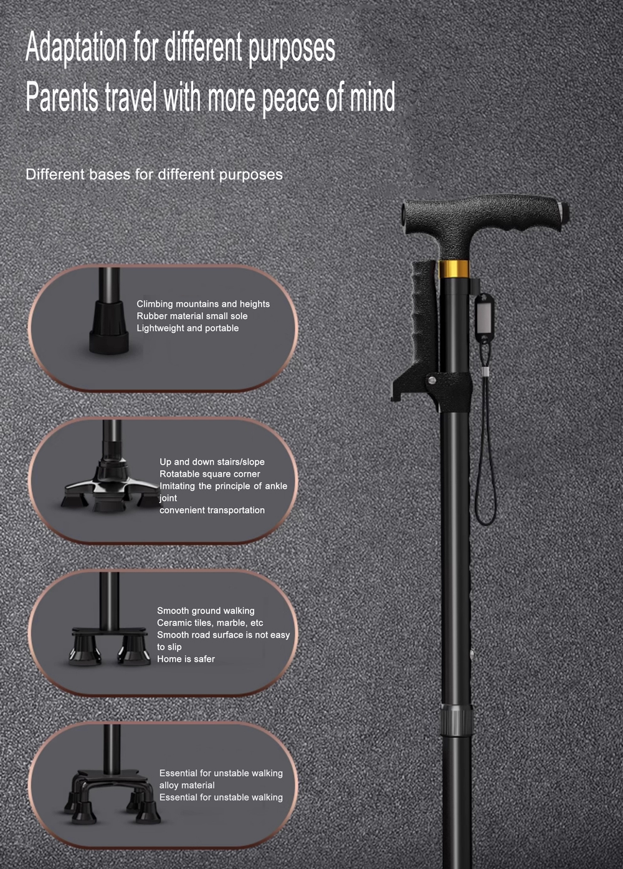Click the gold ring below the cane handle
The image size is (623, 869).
coord(453,269)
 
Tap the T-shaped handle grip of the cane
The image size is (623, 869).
coord(485,217)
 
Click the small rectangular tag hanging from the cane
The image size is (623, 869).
coord(485,317)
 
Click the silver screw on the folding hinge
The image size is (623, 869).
coord(431,380)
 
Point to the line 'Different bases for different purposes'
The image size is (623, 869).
coord(155,175)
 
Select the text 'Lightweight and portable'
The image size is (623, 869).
coord(188,328)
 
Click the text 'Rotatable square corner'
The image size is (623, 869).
coord(210,474)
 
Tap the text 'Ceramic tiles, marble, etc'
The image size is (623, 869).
coord(210,623)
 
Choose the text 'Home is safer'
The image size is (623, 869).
coord(186,659)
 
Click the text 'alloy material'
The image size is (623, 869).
coord(187,785)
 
